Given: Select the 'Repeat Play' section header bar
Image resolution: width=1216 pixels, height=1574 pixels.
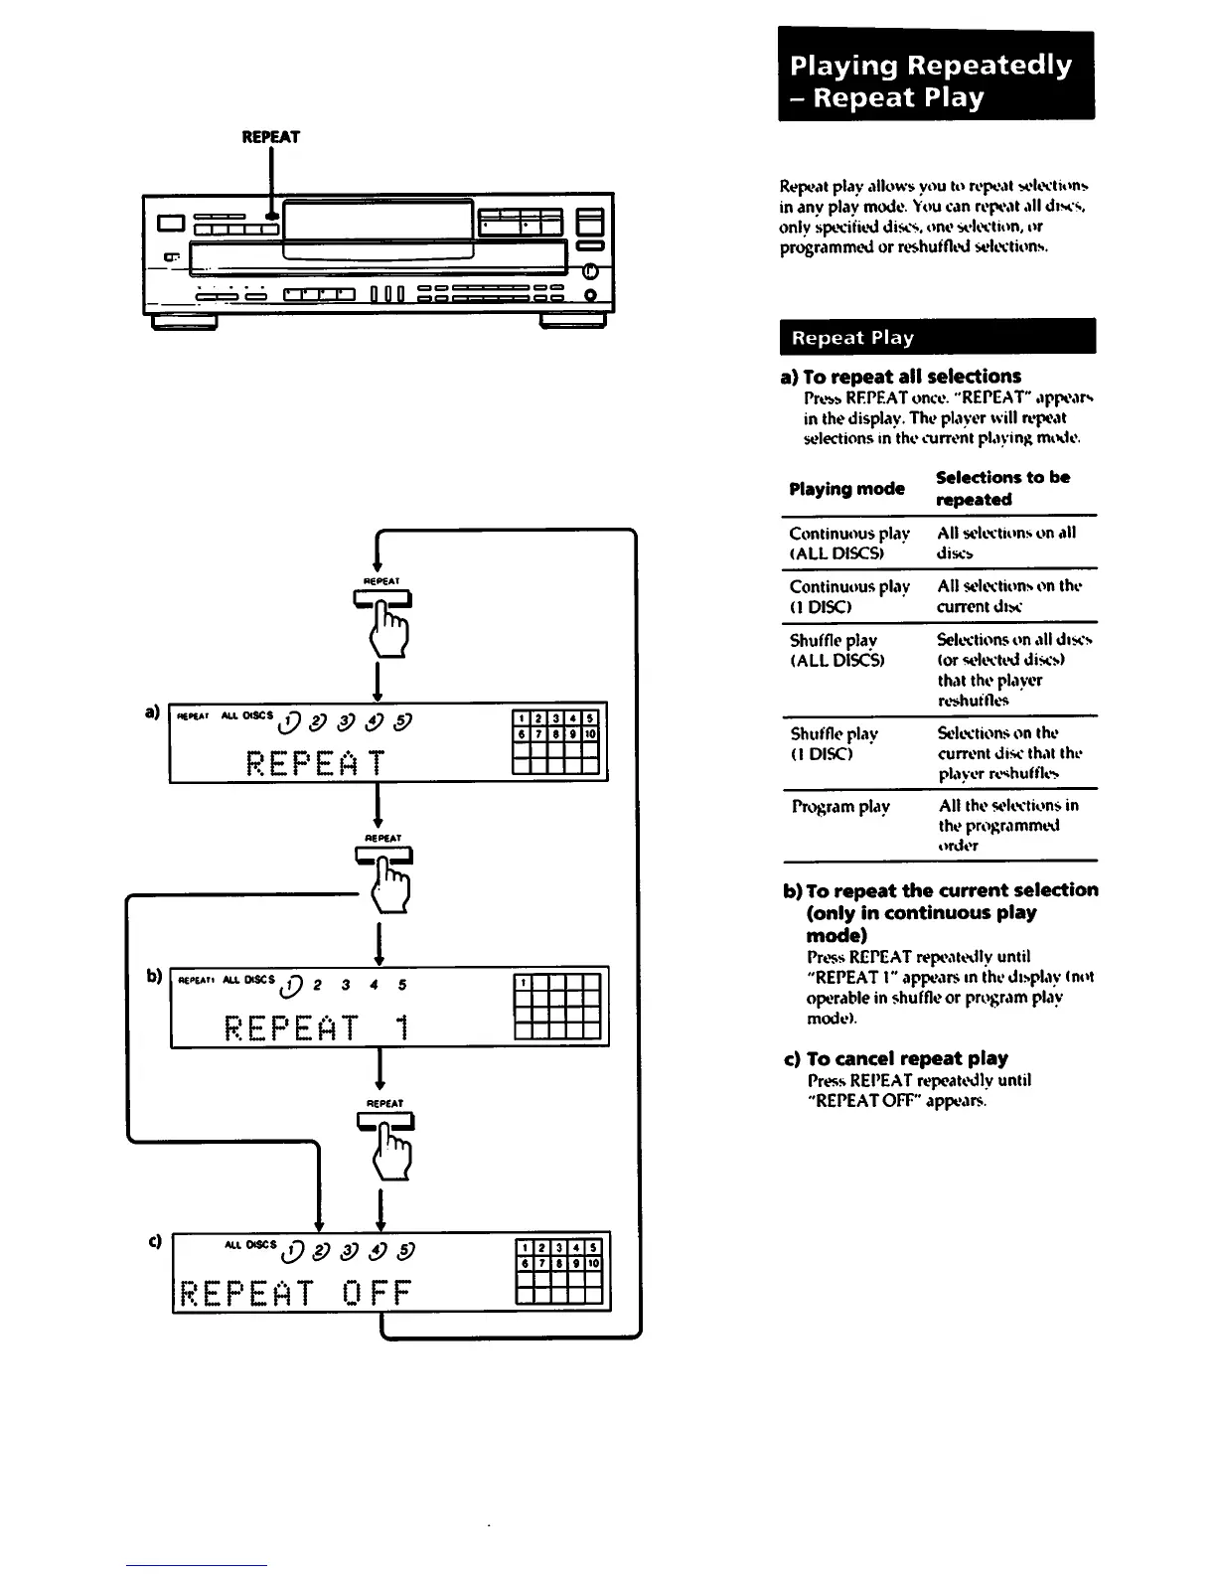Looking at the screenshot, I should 937,337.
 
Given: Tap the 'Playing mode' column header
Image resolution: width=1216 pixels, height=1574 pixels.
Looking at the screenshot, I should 846,488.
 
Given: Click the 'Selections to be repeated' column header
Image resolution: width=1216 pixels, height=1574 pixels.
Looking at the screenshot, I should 1002,488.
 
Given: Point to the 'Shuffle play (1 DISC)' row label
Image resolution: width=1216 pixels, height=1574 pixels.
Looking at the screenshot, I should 835,743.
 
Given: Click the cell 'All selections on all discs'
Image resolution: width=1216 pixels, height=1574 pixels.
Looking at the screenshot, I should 1005,543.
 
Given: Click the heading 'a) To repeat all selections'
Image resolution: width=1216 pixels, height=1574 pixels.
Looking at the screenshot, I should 901,377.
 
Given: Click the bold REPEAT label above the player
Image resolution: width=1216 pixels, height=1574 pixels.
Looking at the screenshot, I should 270,137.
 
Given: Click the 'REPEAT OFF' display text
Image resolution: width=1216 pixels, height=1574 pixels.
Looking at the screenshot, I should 293,1293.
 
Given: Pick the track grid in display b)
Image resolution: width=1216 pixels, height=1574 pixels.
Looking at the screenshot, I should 557,1007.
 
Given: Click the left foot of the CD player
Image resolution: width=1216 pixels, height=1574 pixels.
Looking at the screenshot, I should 184,322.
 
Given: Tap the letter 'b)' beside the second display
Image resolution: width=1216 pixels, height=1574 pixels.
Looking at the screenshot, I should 154,976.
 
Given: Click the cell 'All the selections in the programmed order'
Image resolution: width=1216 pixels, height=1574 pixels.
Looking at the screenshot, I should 1008,825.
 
